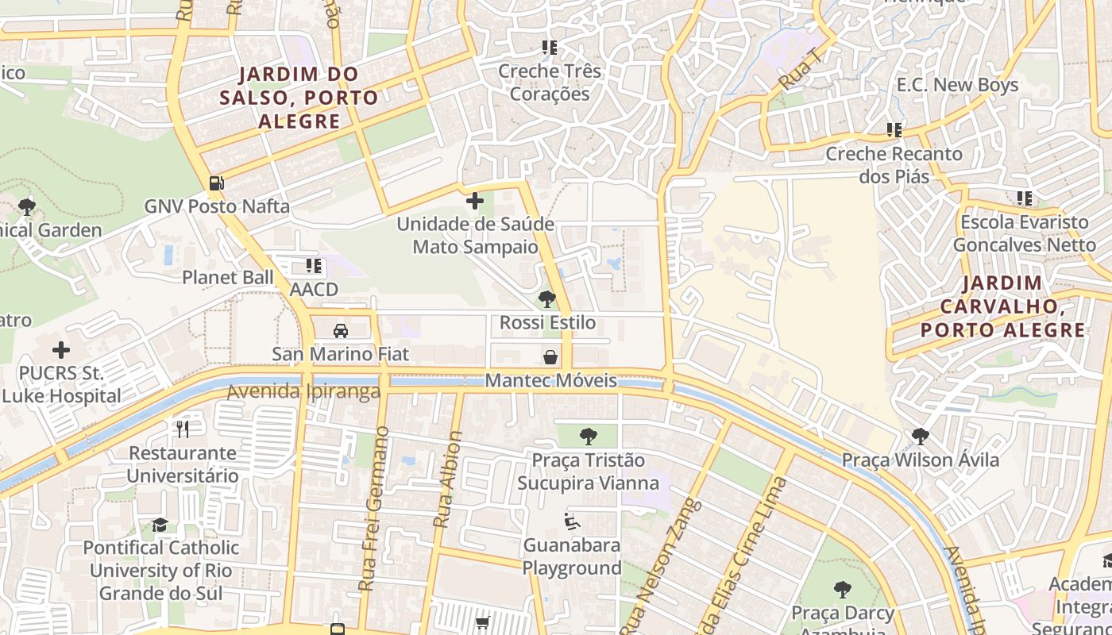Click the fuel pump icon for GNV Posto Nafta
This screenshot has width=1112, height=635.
point(216,183)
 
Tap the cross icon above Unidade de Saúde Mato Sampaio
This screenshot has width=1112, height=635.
point(475,201)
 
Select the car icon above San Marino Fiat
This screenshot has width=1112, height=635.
point(341,330)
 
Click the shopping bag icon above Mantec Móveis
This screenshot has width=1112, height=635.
point(550,357)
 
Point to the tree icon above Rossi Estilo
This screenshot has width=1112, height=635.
point(546,299)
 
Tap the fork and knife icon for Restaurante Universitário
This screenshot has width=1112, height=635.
point(183,429)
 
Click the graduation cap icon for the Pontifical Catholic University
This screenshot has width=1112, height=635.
point(160,525)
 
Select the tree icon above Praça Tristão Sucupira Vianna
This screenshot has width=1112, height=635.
point(588,436)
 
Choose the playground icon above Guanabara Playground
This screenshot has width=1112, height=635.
point(572,521)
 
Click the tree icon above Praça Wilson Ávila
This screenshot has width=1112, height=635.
point(920,436)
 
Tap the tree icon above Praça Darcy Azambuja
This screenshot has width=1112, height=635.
point(842,590)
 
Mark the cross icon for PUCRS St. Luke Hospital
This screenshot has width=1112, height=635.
point(61,349)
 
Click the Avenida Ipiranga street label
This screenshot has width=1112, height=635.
point(303,392)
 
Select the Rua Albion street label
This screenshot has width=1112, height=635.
point(447,479)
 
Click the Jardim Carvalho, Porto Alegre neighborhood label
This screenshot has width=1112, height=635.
point(1002,306)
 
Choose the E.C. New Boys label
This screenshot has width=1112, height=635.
point(957,85)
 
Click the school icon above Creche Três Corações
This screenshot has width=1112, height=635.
point(547,48)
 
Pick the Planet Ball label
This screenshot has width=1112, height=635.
point(227,277)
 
